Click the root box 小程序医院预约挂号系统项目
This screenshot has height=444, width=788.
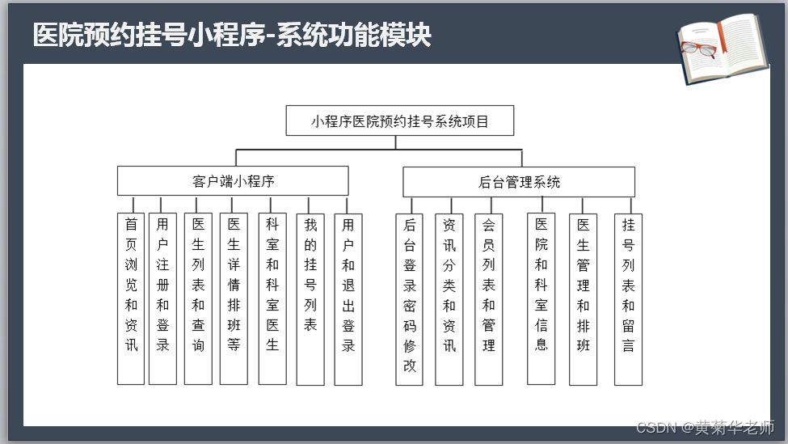tap(400, 121)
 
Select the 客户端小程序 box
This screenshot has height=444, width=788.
tap(233, 181)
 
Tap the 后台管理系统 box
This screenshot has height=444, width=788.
tap(519, 182)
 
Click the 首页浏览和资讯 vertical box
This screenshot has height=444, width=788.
tap(131, 298)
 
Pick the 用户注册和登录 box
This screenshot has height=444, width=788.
tap(162, 298)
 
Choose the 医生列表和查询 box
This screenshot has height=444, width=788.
tap(198, 298)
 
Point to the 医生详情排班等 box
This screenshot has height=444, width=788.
tap(234, 298)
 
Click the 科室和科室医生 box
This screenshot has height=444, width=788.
tap(272, 298)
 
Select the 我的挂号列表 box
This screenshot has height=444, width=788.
tap(310, 298)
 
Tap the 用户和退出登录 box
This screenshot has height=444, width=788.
tap(348, 298)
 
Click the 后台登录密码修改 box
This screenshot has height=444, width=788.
tap(410, 298)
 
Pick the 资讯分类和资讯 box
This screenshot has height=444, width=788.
tap(449, 298)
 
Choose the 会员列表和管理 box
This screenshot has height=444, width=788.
tap(488, 298)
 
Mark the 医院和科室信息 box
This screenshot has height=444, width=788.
tap(541, 298)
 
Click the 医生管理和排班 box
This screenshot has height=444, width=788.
tap(584, 298)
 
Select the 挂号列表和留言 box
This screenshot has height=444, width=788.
tap(628, 298)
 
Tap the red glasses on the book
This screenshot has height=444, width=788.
tap(700, 49)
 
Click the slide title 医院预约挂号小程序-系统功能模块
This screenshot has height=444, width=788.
tap(232, 36)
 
